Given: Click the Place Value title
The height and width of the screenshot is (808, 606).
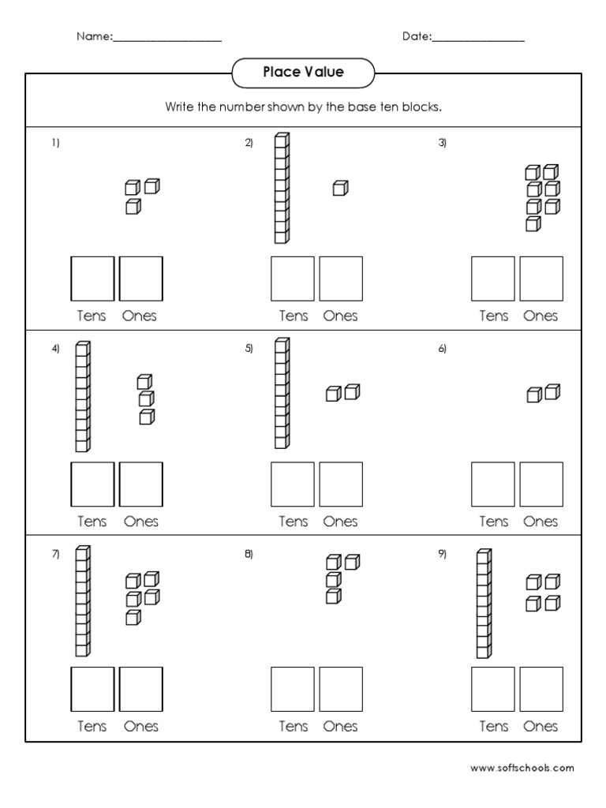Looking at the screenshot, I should click(x=303, y=73).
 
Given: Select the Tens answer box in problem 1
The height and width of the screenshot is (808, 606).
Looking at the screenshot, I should click(x=93, y=279).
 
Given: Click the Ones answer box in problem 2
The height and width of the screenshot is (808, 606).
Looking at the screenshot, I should click(x=341, y=279).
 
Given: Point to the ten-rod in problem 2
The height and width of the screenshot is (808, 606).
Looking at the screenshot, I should click(x=282, y=188).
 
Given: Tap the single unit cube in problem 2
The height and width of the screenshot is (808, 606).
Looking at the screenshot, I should click(x=340, y=188).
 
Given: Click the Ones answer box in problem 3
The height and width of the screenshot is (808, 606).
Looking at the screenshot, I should click(x=541, y=279).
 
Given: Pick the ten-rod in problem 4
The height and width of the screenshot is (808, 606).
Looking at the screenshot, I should click(x=83, y=396).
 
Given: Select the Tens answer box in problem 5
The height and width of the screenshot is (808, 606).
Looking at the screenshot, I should click(x=293, y=484).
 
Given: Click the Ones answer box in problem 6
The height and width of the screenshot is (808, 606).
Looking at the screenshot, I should click(x=541, y=484).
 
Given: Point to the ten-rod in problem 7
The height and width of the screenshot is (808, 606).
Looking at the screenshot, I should click(x=83, y=601).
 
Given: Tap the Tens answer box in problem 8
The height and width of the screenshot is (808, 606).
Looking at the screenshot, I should click(x=293, y=689).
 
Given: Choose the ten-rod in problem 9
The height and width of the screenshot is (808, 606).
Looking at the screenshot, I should click(x=484, y=604).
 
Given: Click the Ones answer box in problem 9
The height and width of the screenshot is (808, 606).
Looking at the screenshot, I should click(x=541, y=689).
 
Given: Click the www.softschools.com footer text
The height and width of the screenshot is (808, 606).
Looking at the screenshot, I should click(x=522, y=767).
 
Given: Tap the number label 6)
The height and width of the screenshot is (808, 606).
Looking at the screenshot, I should click(x=443, y=349).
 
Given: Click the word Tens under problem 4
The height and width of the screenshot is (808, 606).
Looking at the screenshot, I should click(x=92, y=522).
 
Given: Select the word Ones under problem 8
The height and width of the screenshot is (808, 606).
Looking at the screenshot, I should click(x=340, y=727).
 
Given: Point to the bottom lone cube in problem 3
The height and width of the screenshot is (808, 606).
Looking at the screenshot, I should click(x=533, y=224).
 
